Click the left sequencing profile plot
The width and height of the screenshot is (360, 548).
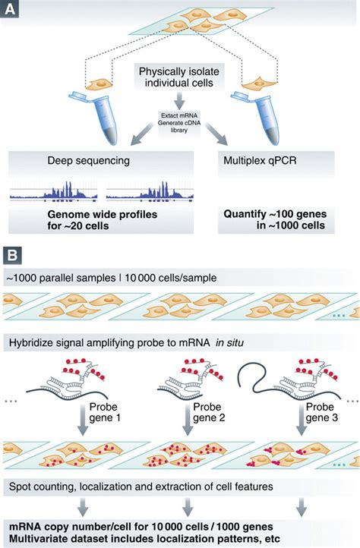click(53, 194)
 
